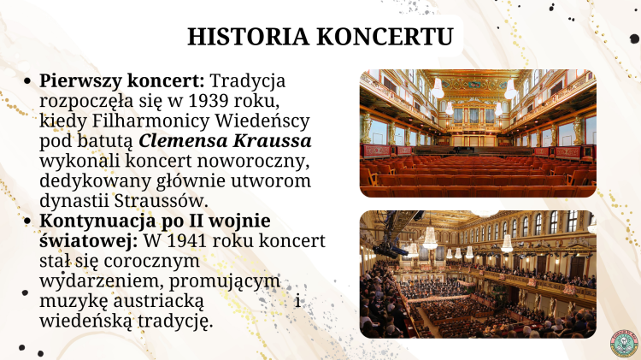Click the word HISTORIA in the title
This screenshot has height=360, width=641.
248,37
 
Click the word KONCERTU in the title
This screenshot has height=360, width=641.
385,37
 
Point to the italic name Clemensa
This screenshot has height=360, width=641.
183,141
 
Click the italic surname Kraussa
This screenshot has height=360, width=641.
273,141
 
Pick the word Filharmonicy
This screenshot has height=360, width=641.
151,121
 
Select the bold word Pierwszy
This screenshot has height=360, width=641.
80,81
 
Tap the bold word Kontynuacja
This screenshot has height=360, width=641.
97,221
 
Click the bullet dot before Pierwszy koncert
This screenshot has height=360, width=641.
27,81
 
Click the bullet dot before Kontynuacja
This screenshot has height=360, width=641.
27,221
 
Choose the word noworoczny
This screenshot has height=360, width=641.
254,161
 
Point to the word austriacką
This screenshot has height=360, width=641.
158,302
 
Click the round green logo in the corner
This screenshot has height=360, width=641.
624,343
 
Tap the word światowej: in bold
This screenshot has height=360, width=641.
88,241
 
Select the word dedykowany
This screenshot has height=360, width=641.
95,181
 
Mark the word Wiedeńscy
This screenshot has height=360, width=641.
262,121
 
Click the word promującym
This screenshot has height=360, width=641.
225,281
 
